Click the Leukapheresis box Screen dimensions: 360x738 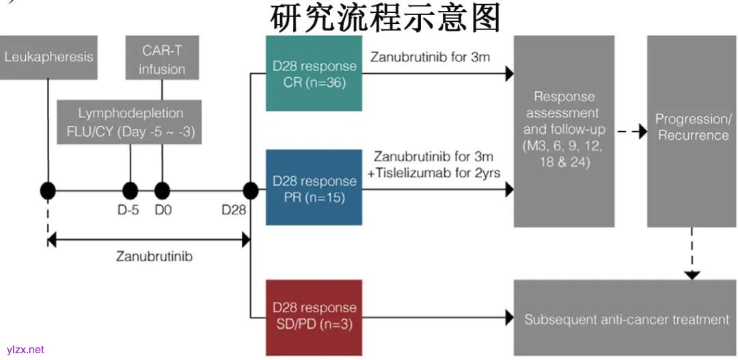pos(49,57)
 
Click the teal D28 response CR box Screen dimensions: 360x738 pos(314,74)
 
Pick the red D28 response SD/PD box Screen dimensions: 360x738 pos(314,316)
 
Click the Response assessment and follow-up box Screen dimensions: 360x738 pos(564,130)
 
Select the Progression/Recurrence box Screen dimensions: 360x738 pos(692,130)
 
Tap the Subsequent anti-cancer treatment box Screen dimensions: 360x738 pos(626,318)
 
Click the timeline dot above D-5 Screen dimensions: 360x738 pos(129,191)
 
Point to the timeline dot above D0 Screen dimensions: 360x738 pos(162,191)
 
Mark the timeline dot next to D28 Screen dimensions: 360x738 pos(251,191)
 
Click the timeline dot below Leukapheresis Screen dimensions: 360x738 pos(48,191)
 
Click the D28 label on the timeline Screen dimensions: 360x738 pos(233,210)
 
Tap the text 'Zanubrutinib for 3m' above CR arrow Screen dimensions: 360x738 pos(430,57)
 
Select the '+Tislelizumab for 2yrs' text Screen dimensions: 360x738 pos(434,173)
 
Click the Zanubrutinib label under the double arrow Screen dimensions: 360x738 pos(154,257)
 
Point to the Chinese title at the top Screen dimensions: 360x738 pos(386,18)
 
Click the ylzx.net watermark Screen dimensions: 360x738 pos(25,350)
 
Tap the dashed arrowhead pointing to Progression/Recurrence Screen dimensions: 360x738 pos(642,131)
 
